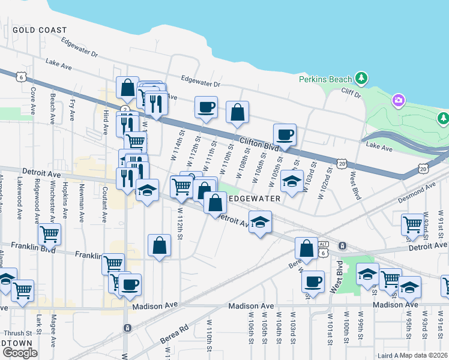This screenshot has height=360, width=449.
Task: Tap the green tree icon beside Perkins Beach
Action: (x=361, y=78)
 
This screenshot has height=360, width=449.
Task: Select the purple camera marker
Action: (x=398, y=101)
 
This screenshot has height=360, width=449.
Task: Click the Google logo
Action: (x=19, y=353)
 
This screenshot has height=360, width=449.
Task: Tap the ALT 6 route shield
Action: (x=324, y=248)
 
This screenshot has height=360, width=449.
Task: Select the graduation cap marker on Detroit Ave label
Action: (x=259, y=223)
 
